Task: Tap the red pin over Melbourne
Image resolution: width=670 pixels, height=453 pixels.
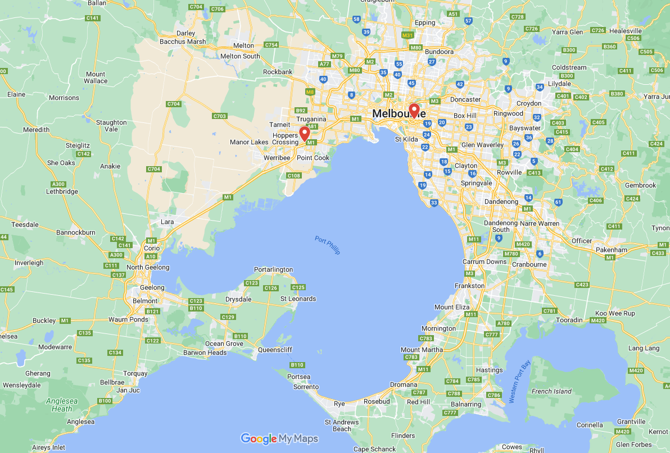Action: [414, 109]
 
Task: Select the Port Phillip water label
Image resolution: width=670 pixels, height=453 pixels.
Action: [328, 245]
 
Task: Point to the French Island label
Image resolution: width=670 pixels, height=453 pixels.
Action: [551, 391]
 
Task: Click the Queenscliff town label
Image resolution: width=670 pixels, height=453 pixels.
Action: [274, 349]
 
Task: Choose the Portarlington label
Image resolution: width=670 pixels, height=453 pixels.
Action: [274, 269]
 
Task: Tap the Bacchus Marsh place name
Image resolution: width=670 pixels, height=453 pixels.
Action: [183, 42]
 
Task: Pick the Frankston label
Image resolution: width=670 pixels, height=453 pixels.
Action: [469, 286]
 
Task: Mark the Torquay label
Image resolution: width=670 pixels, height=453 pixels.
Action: [135, 373]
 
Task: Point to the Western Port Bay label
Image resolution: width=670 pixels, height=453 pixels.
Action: [519, 383]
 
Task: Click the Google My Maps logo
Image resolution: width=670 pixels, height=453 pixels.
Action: [279, 438]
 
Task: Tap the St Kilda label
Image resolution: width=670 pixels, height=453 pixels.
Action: [407, 139]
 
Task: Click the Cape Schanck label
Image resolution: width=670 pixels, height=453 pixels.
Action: [375, 449]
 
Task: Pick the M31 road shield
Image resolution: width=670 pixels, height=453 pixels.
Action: [408, 35]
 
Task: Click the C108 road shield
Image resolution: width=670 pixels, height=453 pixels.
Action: [294, 176]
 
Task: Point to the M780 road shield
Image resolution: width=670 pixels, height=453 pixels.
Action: [511, 254]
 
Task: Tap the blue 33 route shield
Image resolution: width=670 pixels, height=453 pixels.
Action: [433, 203]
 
